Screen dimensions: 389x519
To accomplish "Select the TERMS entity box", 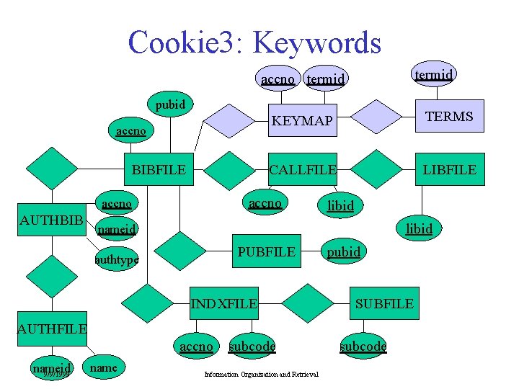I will (x=449, y=117).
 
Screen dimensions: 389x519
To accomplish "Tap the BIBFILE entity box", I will (x=159, y=170).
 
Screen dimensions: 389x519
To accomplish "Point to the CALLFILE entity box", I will (x=302, y=170).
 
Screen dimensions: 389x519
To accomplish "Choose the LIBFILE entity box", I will (x=449, y=170).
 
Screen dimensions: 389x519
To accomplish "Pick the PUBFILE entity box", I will (x=266, y=251).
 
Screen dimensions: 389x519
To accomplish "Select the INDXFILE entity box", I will (x=223, y=303).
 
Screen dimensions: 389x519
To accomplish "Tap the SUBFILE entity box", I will (x=384, y=303).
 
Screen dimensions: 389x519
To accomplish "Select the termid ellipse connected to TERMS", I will (x=435, y=74).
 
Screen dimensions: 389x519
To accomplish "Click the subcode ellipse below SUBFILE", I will (x=363, y=346).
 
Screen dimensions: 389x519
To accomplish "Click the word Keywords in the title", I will (x=319, y=43).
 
